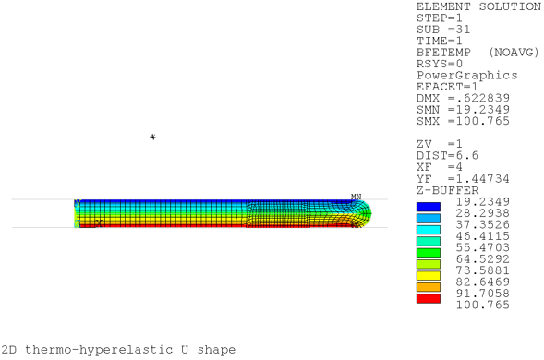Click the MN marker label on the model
click(x=357, y=197)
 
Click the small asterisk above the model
click(x=152, y=137)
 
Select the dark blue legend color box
click(x=429, y=205)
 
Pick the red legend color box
click(x=429, y=297)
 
